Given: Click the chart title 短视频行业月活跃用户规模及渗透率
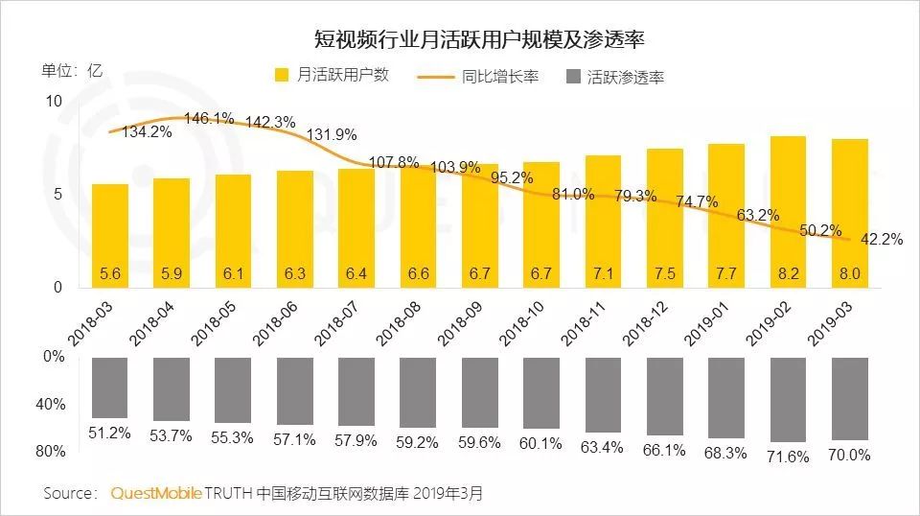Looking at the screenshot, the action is pos(479,39).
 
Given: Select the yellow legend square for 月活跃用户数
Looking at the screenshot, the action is pos(282,75).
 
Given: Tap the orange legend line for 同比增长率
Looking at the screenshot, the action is pos(435,77).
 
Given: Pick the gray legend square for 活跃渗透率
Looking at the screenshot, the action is pos(573,77).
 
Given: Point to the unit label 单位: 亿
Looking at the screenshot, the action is pos(72,71).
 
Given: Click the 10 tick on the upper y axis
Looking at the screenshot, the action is pos(54,102).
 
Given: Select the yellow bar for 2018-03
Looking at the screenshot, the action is pos(110,236).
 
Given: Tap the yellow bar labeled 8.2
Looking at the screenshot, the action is pos(788,212).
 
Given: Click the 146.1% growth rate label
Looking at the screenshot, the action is pos(210,119).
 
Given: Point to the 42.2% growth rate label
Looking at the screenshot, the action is pos(882,240).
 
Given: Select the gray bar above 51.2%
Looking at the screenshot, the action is pos(110,387).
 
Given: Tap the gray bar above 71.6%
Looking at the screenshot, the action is pos(788,400).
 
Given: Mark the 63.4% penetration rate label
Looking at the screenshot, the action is pos(602,447).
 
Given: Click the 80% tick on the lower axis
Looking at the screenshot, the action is pos(51,452).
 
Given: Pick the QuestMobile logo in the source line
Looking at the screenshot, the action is pos(156,493).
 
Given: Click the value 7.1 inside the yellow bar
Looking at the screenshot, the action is pos(603,273).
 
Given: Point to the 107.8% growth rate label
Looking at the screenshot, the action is pos(394,162).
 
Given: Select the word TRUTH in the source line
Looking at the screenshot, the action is pos(228,493).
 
